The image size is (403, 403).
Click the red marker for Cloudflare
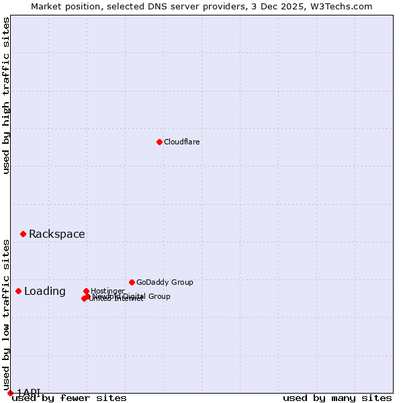pos(159,142)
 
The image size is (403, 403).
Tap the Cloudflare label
pos(181,142)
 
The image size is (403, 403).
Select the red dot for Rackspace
pos(23,234)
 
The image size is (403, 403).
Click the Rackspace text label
pos(56,234)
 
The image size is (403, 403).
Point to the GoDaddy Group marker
pos(132,282)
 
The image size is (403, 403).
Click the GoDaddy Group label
pos(164,282)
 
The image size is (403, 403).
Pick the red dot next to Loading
pos(18,291)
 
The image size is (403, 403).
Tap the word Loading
pos(44,291)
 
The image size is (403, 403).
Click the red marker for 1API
pos(10,393)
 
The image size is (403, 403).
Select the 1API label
pos(28,392)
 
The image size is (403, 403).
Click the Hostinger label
pos(107,291)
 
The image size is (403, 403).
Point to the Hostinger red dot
pos(86,291)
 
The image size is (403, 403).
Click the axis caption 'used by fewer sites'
pos(69,398)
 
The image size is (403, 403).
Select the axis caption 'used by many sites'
pos(337,398)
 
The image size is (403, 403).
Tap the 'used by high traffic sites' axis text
pos(6,95)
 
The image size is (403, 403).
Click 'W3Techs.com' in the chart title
pos(344,6)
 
